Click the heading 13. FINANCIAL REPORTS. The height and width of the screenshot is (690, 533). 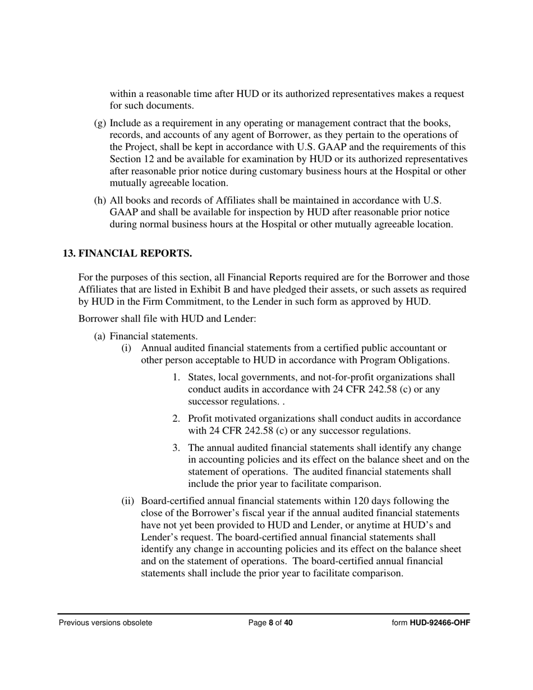[127, 254]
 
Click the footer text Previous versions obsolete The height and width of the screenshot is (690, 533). [105, 623]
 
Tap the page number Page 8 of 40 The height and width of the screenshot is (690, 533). [270, 623]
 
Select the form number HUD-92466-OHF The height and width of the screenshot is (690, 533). [440, 623]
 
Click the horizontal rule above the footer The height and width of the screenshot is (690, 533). [264, 614]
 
